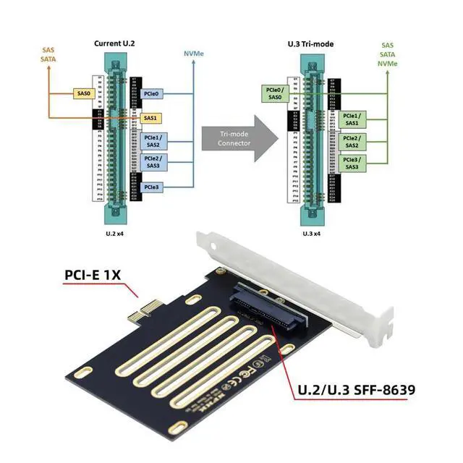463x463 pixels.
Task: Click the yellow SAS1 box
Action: click(150, 117)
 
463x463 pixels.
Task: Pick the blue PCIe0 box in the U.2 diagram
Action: click(153, 94)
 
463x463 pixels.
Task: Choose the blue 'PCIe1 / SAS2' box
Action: click(152, 140)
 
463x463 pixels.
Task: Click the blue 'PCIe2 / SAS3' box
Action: click(152, 162)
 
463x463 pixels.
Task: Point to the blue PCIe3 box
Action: click(152, 187)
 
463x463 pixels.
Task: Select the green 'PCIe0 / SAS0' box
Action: click(275, 93)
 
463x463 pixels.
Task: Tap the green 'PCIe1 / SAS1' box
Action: click(352, 118)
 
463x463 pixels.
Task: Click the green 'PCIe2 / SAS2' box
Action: click(352, 140)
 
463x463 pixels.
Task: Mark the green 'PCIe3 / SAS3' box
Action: click(352, 163)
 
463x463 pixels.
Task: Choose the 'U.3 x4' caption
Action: click(313, 233)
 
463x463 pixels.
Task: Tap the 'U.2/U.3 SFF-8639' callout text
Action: click(356, 391)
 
